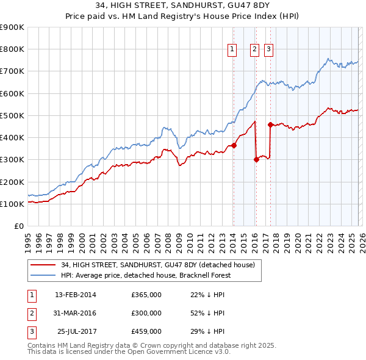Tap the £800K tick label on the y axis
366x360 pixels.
pos(12,49)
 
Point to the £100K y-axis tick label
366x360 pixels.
pos(12,204)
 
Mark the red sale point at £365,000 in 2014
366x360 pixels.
pos(234,145)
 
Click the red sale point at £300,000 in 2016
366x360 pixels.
pos(256,160)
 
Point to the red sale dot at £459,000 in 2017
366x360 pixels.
pos(270,124)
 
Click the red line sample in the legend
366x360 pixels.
pos(43,265)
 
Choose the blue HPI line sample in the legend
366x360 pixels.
pos(43,275)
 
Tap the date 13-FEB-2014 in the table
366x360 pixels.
pos(76,295)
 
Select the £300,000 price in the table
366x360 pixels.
pos(146,313)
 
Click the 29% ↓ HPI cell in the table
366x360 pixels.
pos(208,331)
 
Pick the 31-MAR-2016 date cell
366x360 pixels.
pos(76,313)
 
